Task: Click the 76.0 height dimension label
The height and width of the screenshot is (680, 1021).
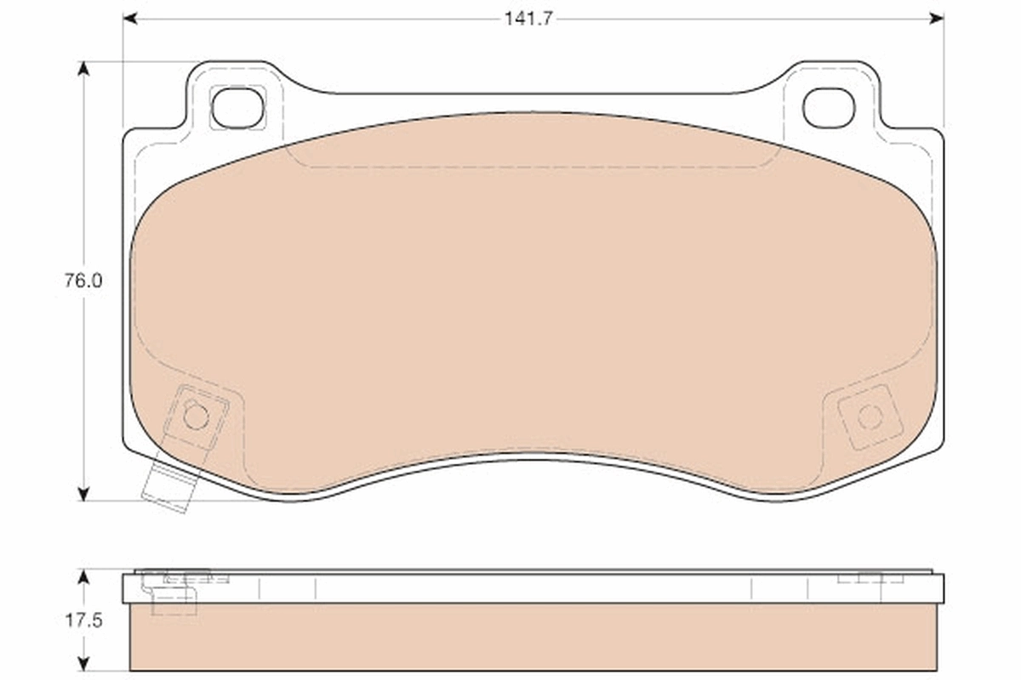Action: tap(83, 281)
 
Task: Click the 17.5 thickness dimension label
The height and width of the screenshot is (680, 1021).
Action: tap(83, 620)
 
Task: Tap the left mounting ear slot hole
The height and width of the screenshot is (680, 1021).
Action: tap(237, 108)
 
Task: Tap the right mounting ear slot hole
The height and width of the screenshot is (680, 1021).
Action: tap(828, 108)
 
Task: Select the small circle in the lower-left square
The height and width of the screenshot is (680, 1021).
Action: tap(196, 416)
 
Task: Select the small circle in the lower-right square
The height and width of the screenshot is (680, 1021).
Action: tap(869, 416)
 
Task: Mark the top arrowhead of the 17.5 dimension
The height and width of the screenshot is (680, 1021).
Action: tap(83, 576)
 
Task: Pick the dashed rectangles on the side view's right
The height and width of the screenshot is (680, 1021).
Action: tap(870, 578)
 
